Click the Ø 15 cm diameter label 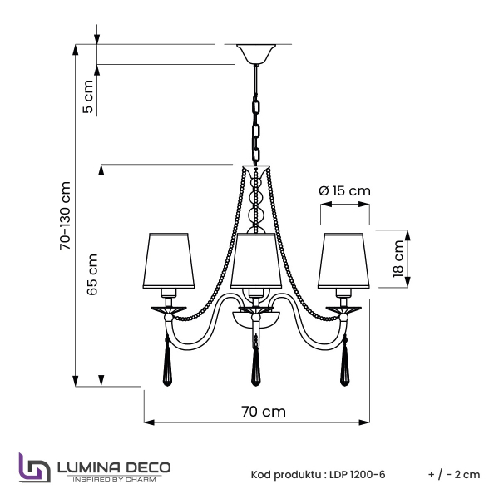[344, 190]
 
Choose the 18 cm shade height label [399, 258]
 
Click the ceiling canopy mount [257, 54]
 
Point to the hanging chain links [257, 125]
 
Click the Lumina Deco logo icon [32, 468]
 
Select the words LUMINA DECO [113, 467]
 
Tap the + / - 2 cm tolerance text [454, 474]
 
